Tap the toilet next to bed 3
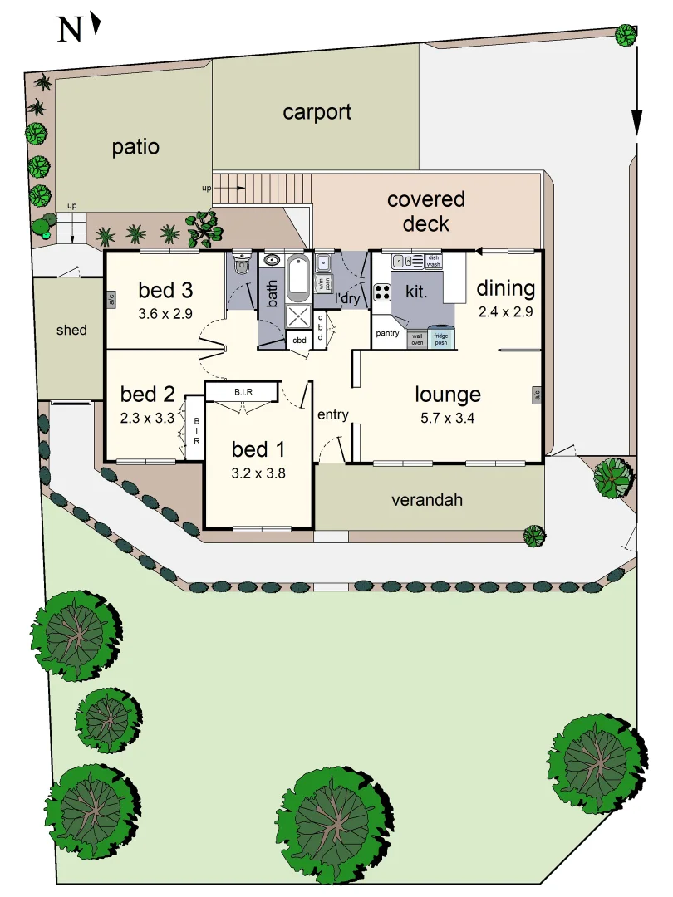(242, 266)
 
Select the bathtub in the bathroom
(297, 278)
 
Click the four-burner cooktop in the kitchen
(383, 292)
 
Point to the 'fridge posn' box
(441, 339)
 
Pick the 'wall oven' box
(417, 339)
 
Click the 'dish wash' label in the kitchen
(433, 261)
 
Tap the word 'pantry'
(388, 333)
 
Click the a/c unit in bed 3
(111, 300)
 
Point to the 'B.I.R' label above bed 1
(243, 392)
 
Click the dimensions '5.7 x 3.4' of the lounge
(447, 418)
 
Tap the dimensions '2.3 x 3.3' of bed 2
(147, 418)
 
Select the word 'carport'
(317, 112)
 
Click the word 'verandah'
(428, 500)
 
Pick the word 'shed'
(71, 330)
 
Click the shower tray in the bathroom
(297, 317)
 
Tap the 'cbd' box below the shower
(298, 340)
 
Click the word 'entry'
(332, 414)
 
